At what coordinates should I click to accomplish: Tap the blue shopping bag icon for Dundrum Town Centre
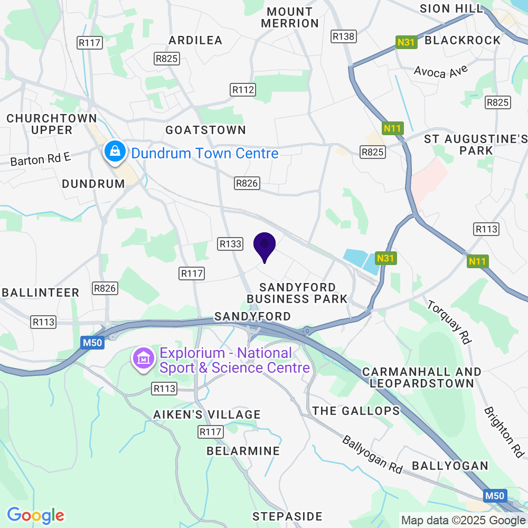pos(114,152)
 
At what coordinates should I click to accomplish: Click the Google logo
pos(36,515)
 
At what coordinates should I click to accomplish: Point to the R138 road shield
pos(343,36)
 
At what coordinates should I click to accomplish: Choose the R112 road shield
pos(243,90)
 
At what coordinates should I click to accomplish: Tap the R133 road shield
pos(230,243)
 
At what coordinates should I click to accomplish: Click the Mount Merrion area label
pos(290,17)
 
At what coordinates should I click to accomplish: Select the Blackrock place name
pos(463,40)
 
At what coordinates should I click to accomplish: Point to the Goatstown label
pos(205,130)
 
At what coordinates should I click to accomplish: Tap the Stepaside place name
pos(287,516)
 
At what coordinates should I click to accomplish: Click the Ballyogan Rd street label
pos(372,454)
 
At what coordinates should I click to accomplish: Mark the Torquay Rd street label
pos(448,322)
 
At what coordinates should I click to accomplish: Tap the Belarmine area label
pos(243,451)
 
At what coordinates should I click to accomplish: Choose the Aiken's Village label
pos(207,414)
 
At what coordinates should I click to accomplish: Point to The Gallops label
pos(356,411)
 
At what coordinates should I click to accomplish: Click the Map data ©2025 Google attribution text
pos(463,520)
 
